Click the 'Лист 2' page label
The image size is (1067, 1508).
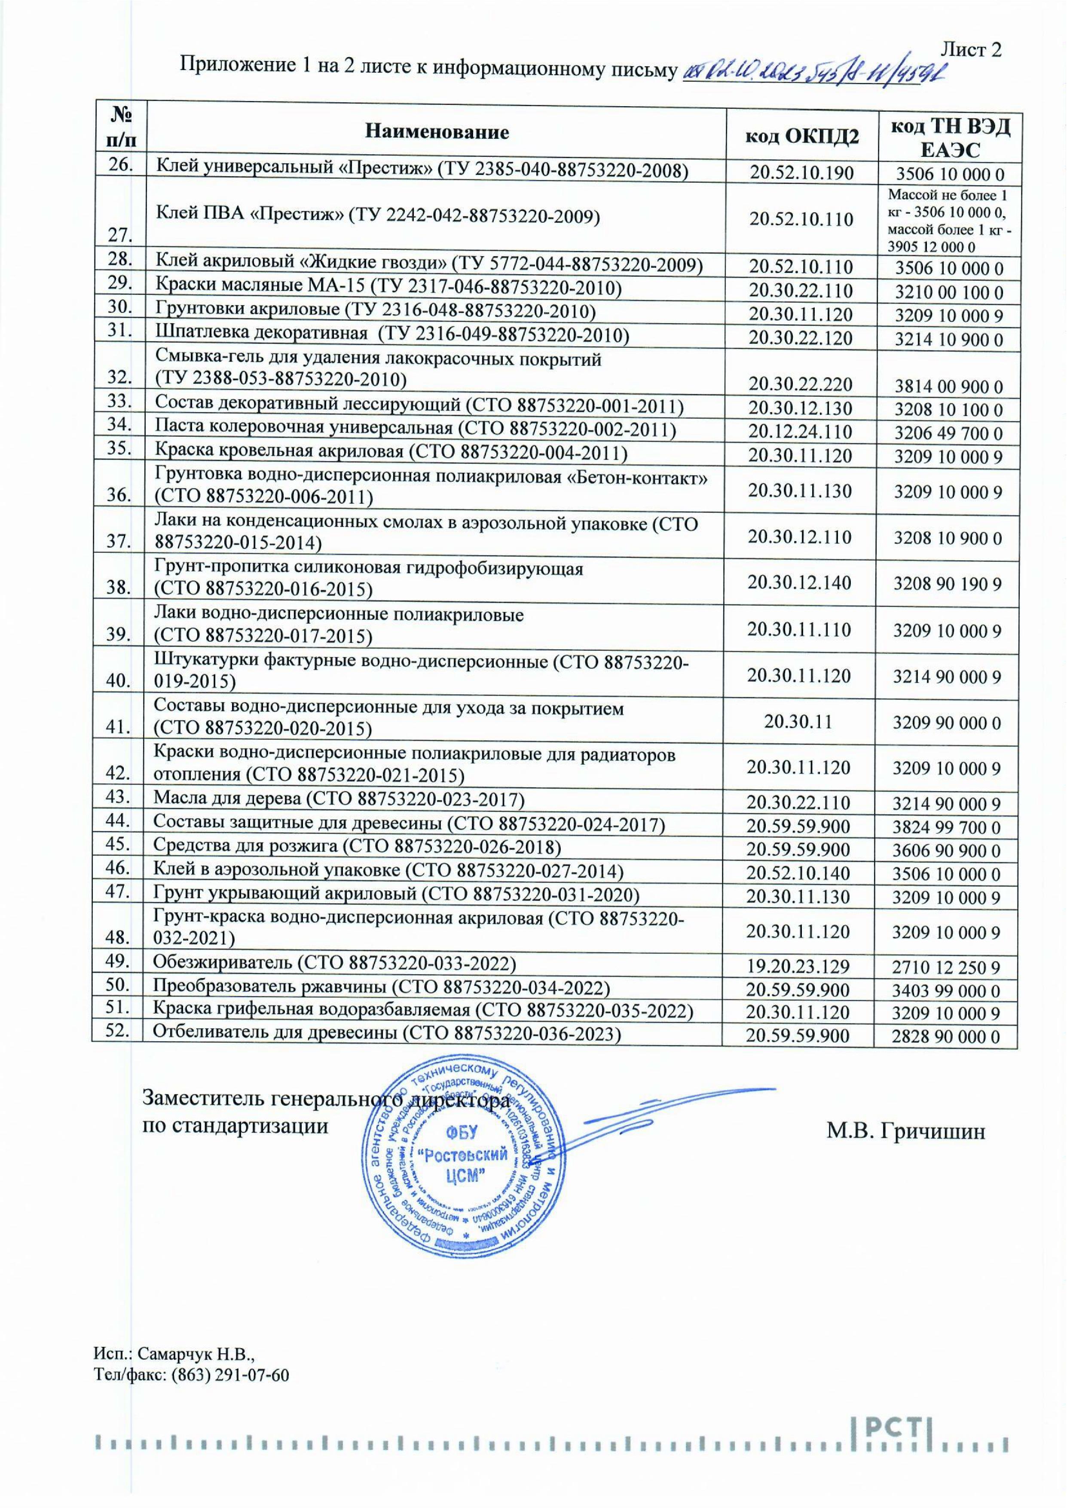[x=971, y=49]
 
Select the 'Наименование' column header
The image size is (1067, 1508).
[x=437, y=132]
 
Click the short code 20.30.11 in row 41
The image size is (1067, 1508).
[x=799, y=721]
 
